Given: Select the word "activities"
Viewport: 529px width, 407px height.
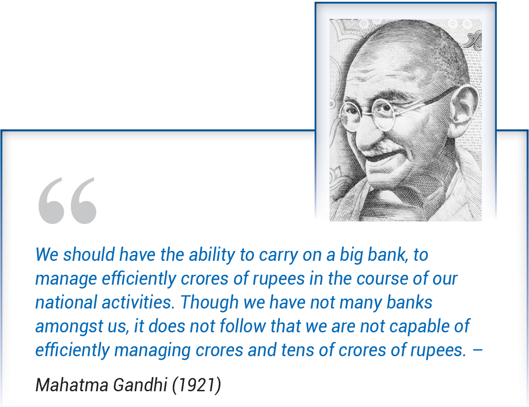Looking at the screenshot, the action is [x=139, y=302].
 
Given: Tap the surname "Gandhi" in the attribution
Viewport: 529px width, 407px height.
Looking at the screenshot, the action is [x=140, y=385].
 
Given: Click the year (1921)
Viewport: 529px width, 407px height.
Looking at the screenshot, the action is [x=197, y=385].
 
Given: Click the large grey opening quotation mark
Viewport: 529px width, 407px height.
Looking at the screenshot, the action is [x=67, y=201].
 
